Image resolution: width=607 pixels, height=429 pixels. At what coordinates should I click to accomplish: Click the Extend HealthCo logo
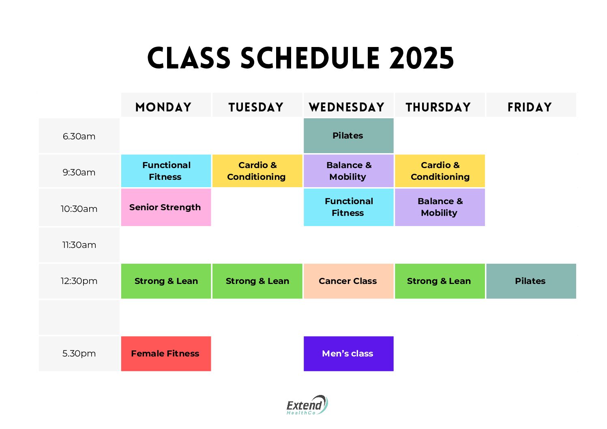(307, 405)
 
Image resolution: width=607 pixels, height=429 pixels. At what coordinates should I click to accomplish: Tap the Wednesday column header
(347, 107)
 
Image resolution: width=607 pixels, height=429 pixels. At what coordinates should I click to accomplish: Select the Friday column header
(530, 107)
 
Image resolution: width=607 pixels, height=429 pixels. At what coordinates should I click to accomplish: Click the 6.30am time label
(79, 136)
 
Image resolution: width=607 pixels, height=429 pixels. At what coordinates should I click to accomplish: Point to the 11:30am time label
(79, 245)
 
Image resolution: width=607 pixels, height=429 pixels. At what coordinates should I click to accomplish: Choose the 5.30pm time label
(79, 353)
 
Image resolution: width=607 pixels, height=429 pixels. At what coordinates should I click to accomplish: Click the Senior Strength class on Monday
(166, 207)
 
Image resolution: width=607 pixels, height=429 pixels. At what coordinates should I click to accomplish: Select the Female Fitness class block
(166, 354)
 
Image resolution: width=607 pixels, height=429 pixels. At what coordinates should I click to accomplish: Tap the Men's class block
(348, 354)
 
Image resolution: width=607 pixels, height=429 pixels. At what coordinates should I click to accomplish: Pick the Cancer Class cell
(348, 281)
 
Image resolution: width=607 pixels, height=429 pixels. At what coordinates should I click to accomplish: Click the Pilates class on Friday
(531, 281)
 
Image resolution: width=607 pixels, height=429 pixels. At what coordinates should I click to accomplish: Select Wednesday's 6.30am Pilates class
(348, 136)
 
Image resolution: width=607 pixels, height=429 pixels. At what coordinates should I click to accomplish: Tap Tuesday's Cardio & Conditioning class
(257, 171)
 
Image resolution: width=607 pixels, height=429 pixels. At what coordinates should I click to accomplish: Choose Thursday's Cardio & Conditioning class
(440, 171)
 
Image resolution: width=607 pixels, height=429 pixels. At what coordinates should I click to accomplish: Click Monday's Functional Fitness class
(166, 171)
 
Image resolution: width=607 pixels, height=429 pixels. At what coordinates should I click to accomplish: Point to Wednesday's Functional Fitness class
(348, 207)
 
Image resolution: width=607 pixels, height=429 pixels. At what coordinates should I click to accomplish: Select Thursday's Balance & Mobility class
(440, 207)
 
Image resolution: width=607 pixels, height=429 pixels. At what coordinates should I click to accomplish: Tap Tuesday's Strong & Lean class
(257, 281)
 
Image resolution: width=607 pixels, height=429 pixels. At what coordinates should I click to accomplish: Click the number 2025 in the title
(421, 58)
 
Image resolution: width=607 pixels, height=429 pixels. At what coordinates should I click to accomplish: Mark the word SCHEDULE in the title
(310, 58)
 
